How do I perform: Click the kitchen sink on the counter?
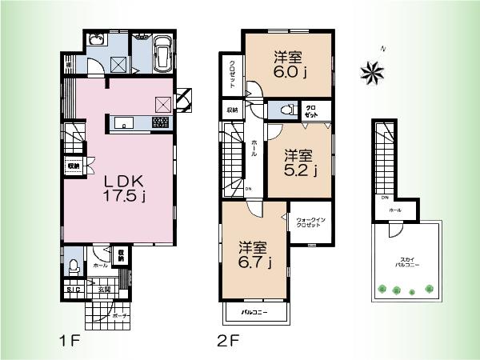(125, 122)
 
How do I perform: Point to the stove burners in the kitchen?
(159, 122)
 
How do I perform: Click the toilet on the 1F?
(74, 266)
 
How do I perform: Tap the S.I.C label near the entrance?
(72, 290)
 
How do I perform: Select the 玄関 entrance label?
(102, 290)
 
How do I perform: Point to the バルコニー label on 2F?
(256, 312)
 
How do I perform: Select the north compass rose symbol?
(372, 74)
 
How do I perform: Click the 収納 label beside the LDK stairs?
(73, 166)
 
